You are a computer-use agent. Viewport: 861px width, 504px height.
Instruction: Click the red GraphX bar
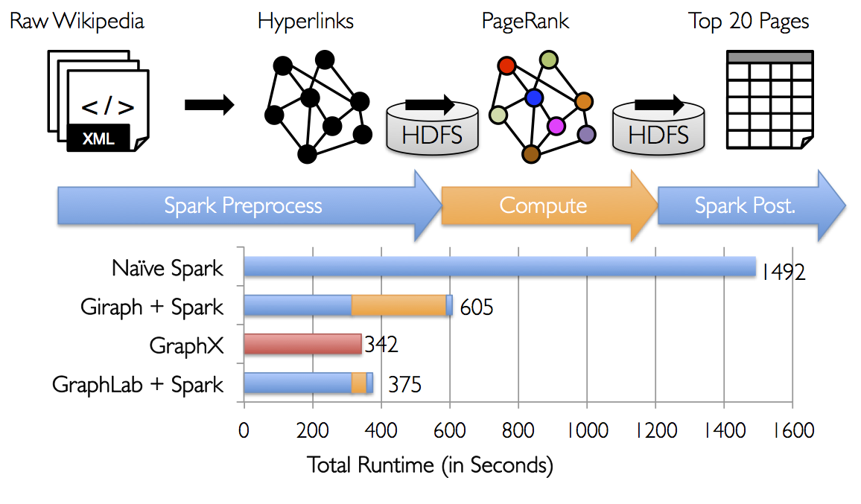[302, 345]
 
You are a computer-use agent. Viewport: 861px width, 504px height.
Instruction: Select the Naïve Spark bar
[499, 267]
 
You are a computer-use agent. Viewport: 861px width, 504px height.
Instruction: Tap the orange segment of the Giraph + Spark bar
[398, 305]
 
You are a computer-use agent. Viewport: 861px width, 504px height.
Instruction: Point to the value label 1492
[782, 272]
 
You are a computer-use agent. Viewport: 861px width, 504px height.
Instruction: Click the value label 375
[404, 385]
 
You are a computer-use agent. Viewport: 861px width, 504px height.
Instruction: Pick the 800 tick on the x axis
[518, 431]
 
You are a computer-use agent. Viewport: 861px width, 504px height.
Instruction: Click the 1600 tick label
[792, 431]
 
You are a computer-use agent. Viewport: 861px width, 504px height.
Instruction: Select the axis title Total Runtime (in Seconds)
[430, 466]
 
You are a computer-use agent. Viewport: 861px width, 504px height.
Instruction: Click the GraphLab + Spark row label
[137, 384]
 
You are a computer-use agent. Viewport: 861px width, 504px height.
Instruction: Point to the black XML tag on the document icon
[98, 138]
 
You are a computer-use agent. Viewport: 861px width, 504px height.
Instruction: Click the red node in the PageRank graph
[506, 66]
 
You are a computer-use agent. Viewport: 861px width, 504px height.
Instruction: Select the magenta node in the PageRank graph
[555, 126]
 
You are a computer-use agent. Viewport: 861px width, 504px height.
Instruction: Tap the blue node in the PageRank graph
[533, 98]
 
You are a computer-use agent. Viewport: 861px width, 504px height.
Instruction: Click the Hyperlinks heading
[305, 21]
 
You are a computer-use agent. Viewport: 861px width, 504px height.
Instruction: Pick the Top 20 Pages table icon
[769, 100]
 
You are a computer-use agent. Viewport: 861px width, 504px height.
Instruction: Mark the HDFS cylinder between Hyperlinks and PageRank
[431, 127]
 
